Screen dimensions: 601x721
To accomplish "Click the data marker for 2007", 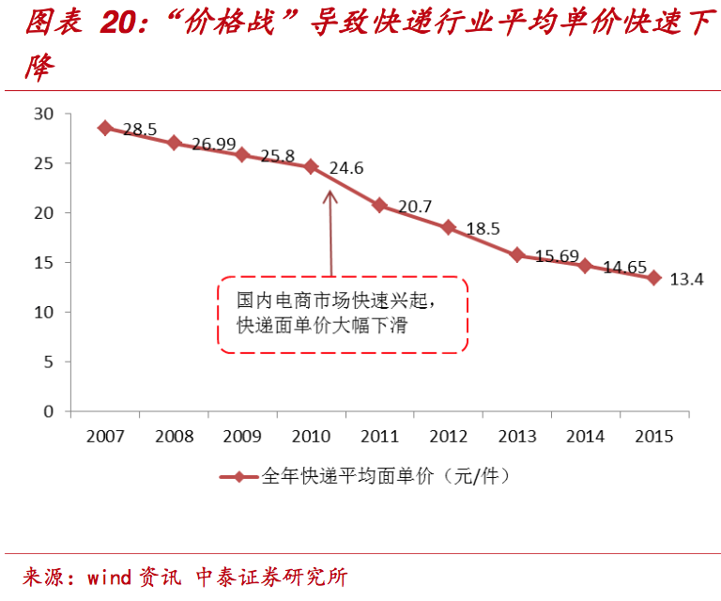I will pyautogui.click(x=105, y=128).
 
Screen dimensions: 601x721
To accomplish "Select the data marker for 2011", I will pyautogui.click(x=379, y=205).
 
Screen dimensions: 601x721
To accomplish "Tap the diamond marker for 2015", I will pyautogui.click(x=653, y=277).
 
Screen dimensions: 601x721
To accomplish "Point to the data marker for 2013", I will pyautogui.click(x=516, y=254).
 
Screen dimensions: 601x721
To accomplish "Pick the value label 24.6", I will pyautogui.click(x=345, y=169).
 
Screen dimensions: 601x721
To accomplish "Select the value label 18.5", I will pyautogui.click(x=482, y=228).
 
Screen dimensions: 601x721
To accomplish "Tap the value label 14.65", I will pyautogui.click(x=624, y=268).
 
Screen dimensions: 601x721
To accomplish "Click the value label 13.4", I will pyautogui.click(x=686, y=279).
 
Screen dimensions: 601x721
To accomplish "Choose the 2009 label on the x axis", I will pyautogui.click(x=242, y=437).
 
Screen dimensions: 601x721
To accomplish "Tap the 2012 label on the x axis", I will pyautogui.click(x=448, y=437).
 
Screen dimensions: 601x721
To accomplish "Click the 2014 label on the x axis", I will pyautogui.click(x=585, y=437).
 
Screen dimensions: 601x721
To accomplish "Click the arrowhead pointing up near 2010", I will pyautogui.click(x=330, y=195).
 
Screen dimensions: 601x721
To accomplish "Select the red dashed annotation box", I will pyautogui.click(x=343, y=315).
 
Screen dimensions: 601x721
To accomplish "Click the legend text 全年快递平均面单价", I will pyautogui.click(x=345, y=476).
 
